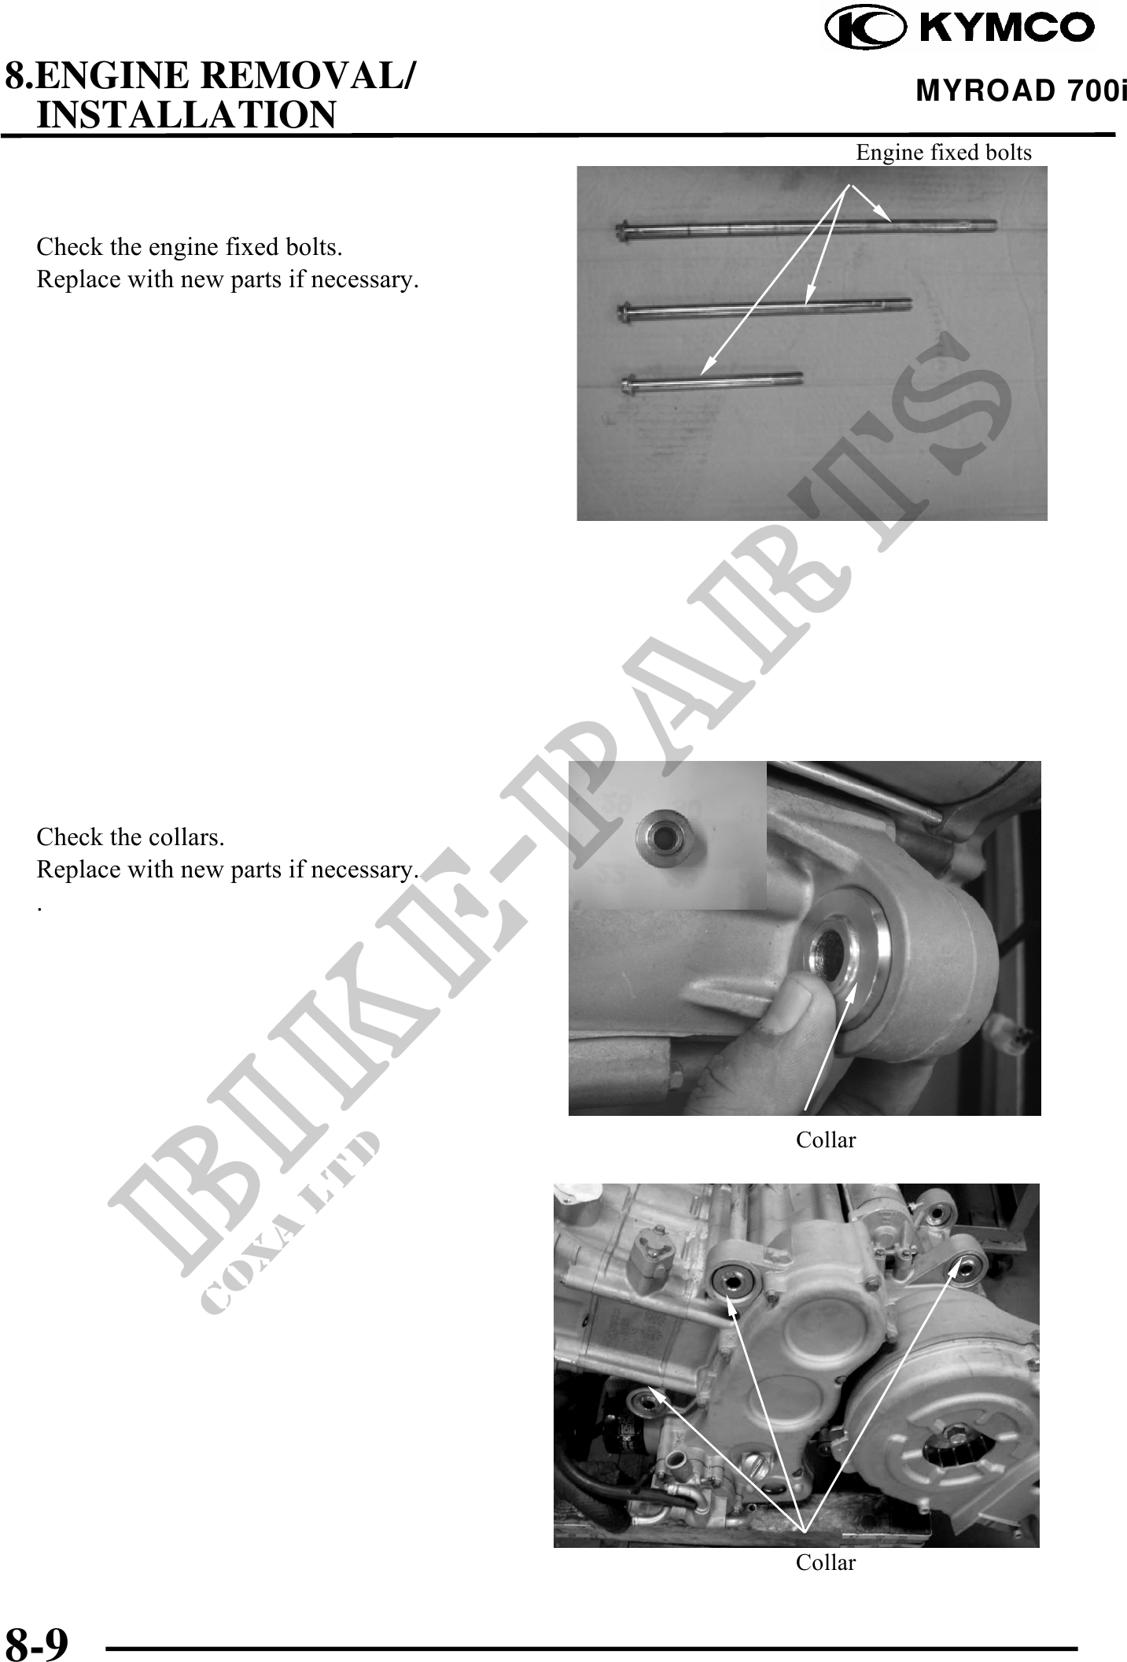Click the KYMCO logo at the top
tap(960, 28)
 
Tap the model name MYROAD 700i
tap(1021, 91)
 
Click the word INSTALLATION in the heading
tap(187, 113)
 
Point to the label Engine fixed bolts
tap(944, 152)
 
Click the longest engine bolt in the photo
tap(805, 228)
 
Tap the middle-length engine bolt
tap(764, 308)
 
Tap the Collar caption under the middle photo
tap(826, 1139)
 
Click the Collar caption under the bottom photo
tap(826, 1562)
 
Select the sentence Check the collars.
tap(131, 837)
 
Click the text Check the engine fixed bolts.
tap(189, 247)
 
